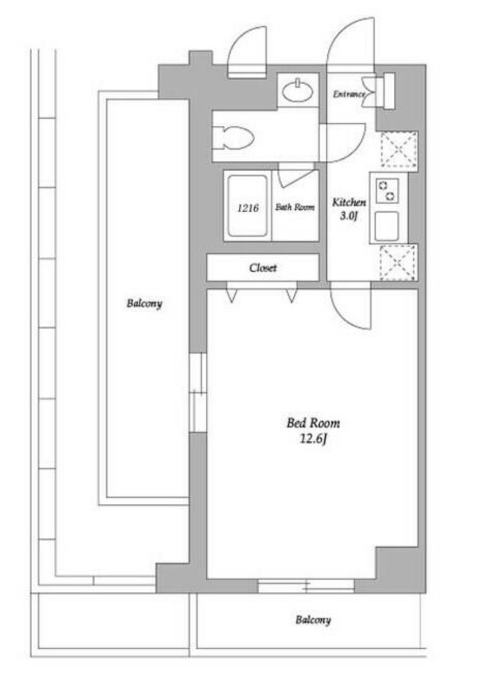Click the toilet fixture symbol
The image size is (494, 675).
[x=233, y=137]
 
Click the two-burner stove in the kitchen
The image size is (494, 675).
[x=387, y=190]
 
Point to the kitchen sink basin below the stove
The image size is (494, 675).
[x=387, y=226]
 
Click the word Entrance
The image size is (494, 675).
[x=348, y=94]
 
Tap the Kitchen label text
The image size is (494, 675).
[x=349, y=202]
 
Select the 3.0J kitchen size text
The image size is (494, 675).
[x=348, y=216]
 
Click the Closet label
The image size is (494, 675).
[x=263, y=268]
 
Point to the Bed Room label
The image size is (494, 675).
[x=313, y=423]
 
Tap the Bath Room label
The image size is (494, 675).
[x=295, y=207]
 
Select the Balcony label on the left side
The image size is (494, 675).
[x=144, y=303]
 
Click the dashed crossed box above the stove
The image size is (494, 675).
[x=399, y=149]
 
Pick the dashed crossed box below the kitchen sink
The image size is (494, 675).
[x=398, y=262]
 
